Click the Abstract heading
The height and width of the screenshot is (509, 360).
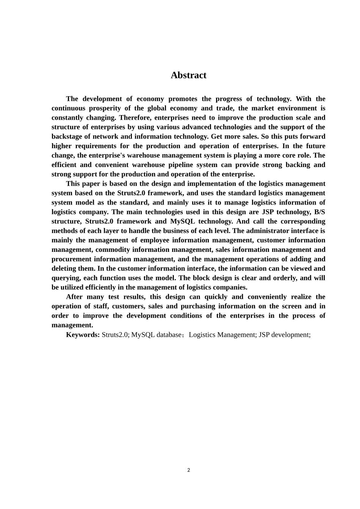coord(188,75)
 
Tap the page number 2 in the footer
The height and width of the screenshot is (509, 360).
coord(189,470)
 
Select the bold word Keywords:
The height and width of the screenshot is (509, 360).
coord(83,335)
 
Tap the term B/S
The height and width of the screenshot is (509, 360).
coord(319,212)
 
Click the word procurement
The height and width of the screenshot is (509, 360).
coord(71,259)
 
